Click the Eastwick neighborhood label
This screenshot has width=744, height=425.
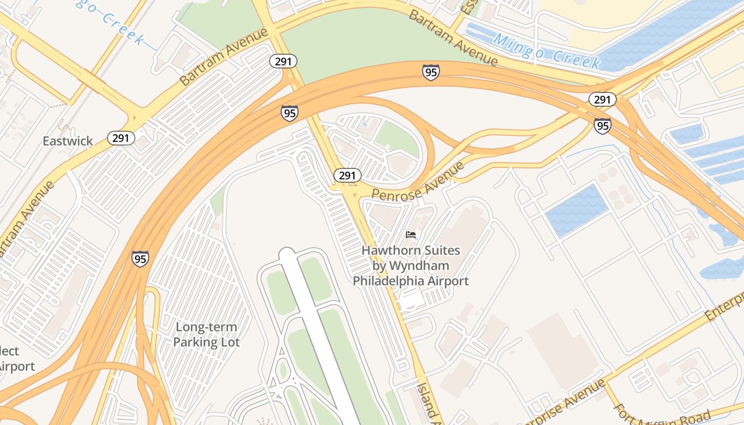click(67, 141)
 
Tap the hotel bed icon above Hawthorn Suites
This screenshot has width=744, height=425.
click(411, 234)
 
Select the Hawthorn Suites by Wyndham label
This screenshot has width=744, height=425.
click(411, 265)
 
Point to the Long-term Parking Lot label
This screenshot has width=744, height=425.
click(206, 335)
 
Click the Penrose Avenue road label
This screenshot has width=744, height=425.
click(418, 182)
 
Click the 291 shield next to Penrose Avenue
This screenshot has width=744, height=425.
click(348, 175)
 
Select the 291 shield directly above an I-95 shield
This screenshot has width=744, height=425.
click(602, 99)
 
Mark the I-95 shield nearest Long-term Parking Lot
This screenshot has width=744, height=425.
click(140, 259)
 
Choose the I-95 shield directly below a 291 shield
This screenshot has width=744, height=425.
click(602, 125)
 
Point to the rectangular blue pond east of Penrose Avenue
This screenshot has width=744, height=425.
click(577, 210)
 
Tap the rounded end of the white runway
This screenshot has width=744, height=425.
click(287, 254)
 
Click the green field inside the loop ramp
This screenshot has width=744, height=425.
click(397, 139)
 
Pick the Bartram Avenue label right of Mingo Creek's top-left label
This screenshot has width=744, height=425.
click(223, 57)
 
